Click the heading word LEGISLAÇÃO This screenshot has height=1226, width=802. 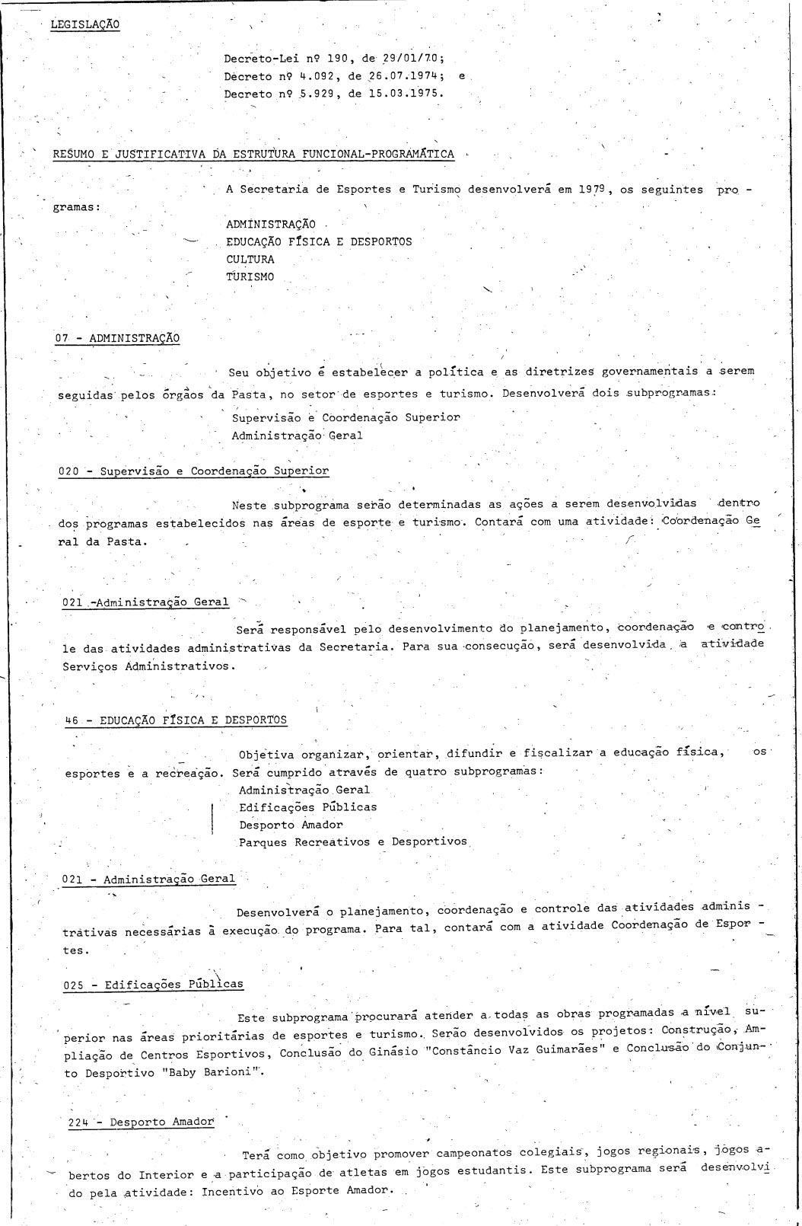point(84,24)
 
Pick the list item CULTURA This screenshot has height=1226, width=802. point(250,259)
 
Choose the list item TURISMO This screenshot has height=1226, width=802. point(250,276)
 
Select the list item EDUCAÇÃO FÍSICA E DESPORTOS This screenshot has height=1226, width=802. point(318,241)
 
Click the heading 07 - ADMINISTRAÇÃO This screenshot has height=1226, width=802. point(117,337)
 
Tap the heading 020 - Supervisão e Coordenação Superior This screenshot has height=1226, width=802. point(193,471)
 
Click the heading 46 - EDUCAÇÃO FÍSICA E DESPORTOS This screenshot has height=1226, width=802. point(176,720)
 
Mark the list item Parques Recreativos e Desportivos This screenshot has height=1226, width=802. point(353,841)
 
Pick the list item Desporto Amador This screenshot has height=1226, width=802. point(291,824)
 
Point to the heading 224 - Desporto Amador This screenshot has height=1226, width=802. point(141,1122)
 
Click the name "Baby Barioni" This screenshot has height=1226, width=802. point(221,1072)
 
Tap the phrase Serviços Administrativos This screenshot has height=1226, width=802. point(145,666)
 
